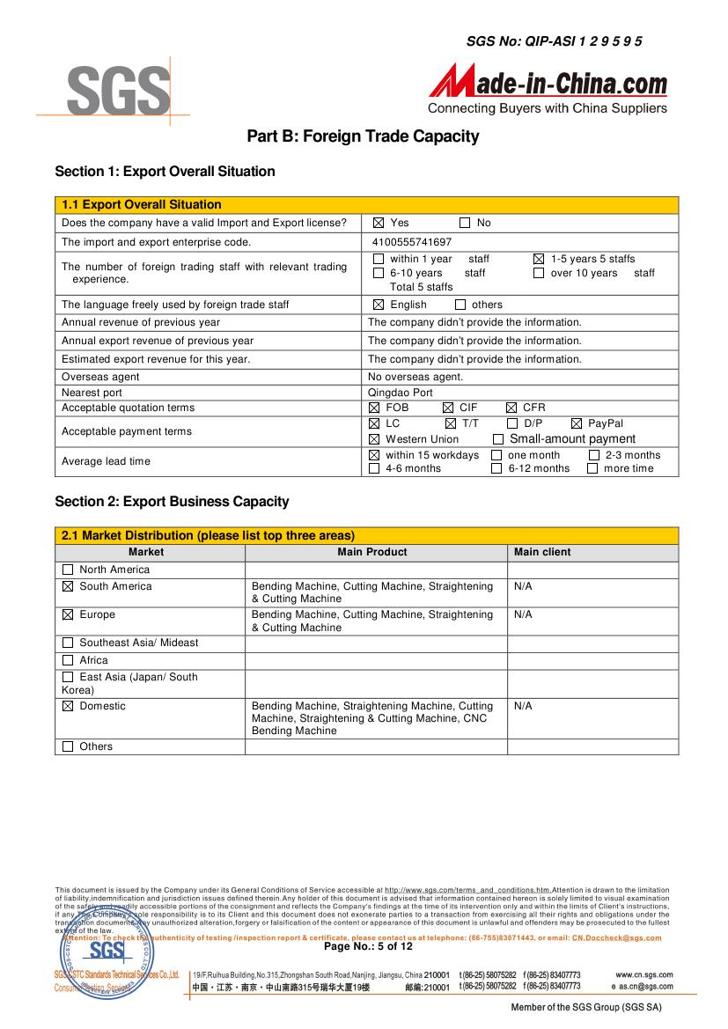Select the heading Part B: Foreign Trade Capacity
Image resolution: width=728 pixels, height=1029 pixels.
(363, 136)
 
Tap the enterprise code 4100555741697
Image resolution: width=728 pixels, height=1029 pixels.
(412, 242)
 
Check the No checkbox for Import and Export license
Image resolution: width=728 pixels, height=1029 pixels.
(466, 224)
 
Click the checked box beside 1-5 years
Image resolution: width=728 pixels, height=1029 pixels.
(539, 260)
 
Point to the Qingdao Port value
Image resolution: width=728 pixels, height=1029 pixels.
(401, 393)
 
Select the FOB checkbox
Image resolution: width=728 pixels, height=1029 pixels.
(374, 408)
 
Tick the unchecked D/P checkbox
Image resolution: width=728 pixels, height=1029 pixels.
(512, 424)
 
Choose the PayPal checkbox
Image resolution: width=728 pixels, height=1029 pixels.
(577, 424)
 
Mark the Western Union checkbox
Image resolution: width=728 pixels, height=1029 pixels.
(374, 439)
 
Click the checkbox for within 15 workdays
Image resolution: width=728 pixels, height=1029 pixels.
(374, 455)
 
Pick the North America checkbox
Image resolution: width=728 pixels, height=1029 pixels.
(68, 570)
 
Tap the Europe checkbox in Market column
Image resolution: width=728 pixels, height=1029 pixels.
(68, 615)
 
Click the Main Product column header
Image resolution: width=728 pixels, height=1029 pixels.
(372, 553)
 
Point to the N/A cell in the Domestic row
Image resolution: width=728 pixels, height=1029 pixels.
(523, 706)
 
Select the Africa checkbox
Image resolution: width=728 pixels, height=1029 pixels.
(68, 660)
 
